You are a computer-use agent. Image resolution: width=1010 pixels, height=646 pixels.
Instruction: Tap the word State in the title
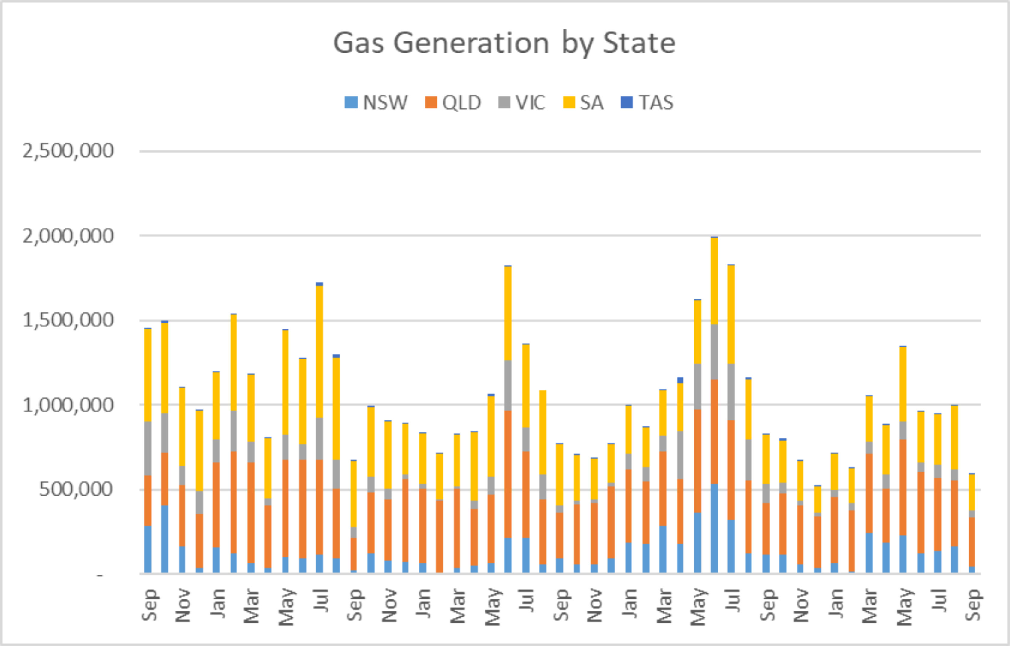[639, 44]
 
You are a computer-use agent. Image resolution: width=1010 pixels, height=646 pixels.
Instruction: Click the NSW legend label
[385, 103]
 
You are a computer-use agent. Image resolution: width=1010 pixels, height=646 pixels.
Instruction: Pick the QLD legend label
[461, 103]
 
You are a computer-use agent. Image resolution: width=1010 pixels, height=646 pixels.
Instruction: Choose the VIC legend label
[530, 103]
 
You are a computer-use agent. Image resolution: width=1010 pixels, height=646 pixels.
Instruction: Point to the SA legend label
[591, 103]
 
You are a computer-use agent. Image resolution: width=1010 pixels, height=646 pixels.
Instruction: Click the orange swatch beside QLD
[431, 103]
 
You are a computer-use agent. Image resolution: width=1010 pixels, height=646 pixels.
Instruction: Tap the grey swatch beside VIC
[504, 103]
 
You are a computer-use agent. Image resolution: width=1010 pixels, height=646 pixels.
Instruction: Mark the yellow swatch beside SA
[569, 103]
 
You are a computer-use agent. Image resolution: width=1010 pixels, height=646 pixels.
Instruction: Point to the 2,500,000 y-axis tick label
[68, 151]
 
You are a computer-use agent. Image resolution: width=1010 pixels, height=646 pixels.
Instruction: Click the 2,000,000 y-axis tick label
[68, 236]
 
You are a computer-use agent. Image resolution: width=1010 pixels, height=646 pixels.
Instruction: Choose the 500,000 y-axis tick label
[76, 490]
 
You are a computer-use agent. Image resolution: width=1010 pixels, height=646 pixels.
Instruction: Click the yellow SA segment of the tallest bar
[714, 281]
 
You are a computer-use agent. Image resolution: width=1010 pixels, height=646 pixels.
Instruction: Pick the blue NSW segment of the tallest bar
[714, 529]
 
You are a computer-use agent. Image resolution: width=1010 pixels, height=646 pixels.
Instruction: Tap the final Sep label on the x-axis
[973, 605]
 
